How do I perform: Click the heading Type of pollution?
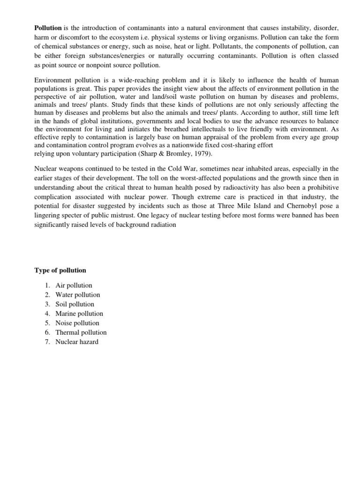pyautogui.click(x=60, y=270)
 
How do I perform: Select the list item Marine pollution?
pyautogui.click(x=79, y=314)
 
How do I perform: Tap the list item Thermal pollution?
pyautogui.click(x=81, y=332)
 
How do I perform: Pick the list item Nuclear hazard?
pyautogui.click(x=77, y=342)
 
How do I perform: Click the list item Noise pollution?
pyautogui.click(x=77, y=323)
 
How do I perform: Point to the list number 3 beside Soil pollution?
pyautogui.click(x=47, y=304)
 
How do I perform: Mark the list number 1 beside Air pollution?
pyautogui.click(x=47, y=285)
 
